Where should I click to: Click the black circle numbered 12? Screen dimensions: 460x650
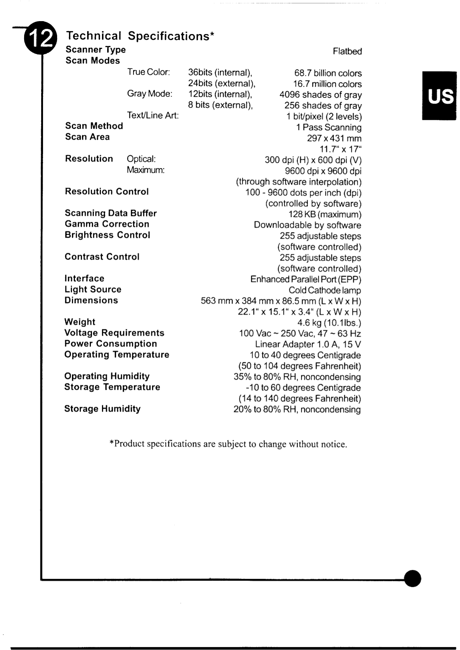point(40,38)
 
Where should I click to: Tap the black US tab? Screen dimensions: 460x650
point(439,96)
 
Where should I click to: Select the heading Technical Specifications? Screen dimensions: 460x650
point(140,36)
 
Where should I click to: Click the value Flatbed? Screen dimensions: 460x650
point(347,52)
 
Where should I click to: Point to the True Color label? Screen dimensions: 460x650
point(148,72)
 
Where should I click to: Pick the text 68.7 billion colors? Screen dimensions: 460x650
point(328,73)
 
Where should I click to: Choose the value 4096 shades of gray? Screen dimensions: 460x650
point(321,95)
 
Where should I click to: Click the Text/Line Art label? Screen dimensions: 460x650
point(152,115)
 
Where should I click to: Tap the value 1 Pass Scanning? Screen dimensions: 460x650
point(329,128)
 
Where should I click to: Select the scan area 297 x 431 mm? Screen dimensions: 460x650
point(334,138)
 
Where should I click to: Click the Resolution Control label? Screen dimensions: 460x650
point(107,192)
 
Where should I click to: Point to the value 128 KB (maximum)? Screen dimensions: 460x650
point(325,214)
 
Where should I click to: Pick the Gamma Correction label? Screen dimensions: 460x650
point(107,224)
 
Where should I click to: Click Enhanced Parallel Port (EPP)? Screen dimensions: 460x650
point(306,279)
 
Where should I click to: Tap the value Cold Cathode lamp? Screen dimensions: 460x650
point(325,290)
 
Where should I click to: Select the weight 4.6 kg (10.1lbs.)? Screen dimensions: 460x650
point(329,323)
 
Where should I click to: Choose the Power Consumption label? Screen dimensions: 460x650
point(111,344)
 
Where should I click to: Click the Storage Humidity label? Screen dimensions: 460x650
point(102,409)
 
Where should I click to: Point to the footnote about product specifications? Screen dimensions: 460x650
point(228,444)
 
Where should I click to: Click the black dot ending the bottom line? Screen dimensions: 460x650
point(413,578)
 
